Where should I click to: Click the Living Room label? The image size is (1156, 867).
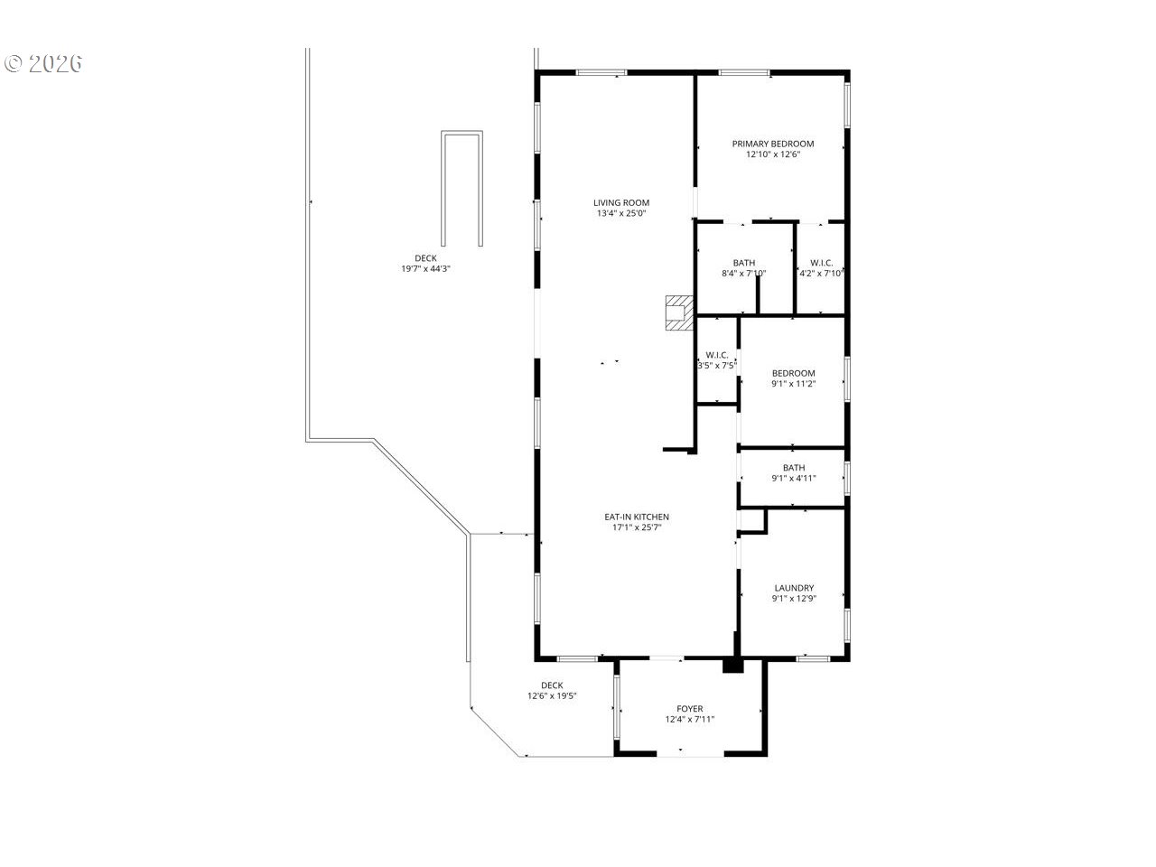(621, 202)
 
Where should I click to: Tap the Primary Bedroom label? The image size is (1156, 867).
(772, 144)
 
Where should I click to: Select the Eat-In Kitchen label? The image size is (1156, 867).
(636, 517)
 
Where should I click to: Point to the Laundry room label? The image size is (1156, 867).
(794, 588)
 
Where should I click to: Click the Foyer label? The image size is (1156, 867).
(689, 709)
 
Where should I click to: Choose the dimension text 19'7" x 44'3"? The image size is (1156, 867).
(425, 268)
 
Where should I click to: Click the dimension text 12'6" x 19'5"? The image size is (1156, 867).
(552, 695)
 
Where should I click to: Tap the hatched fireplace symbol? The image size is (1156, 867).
(679, 312)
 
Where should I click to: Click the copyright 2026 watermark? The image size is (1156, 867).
(43, 63)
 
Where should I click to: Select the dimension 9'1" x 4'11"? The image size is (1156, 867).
(794, 478)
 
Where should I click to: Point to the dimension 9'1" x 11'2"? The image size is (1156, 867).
(794, 384)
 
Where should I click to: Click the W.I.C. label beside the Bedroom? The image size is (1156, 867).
(717, 355)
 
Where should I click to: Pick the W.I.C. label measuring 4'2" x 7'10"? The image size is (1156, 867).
(822, 263)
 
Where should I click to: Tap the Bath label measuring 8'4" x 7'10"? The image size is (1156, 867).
(743, 263)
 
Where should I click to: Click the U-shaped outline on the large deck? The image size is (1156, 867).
(461, 133)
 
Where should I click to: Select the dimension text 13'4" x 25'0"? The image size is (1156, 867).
(621, 213)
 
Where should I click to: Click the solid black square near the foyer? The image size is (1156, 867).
(732, 666)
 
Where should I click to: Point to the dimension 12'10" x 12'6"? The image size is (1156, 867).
(772, 154)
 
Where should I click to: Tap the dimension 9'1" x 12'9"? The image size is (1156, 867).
(794, 599)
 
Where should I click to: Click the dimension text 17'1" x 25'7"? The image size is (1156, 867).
(636, 527)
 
